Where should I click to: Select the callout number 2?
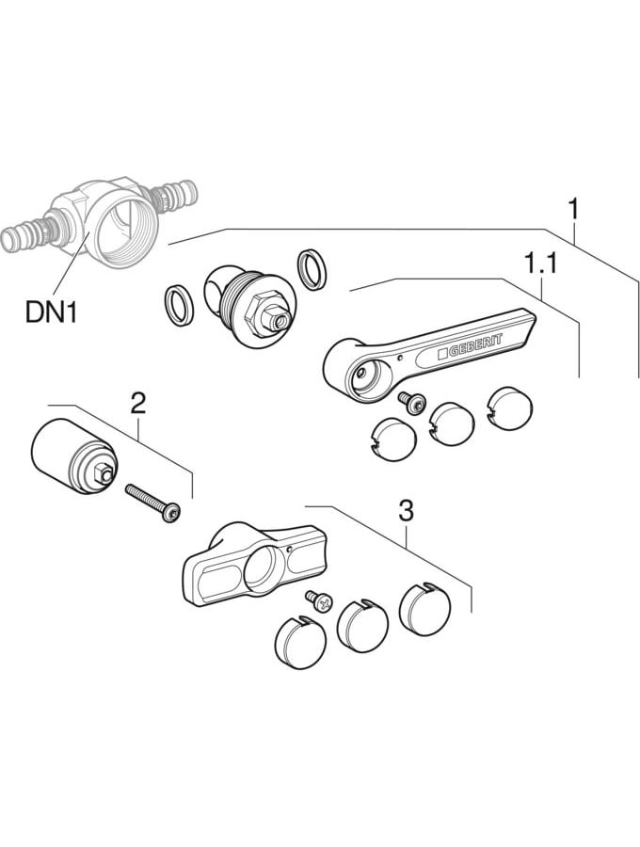pos(137,404)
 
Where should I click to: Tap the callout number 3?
pos(406,511)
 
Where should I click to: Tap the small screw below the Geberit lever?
pos(410,401)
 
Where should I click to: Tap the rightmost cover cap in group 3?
pos(424,607)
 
